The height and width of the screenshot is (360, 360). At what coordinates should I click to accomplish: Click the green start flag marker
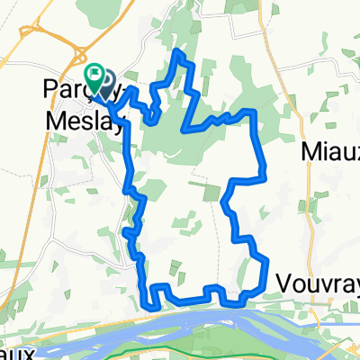tap(94, 73)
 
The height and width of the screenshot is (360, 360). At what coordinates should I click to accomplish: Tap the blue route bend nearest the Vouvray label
tap(267, 261)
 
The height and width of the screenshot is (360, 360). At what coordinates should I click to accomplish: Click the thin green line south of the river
tap(180, 342)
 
